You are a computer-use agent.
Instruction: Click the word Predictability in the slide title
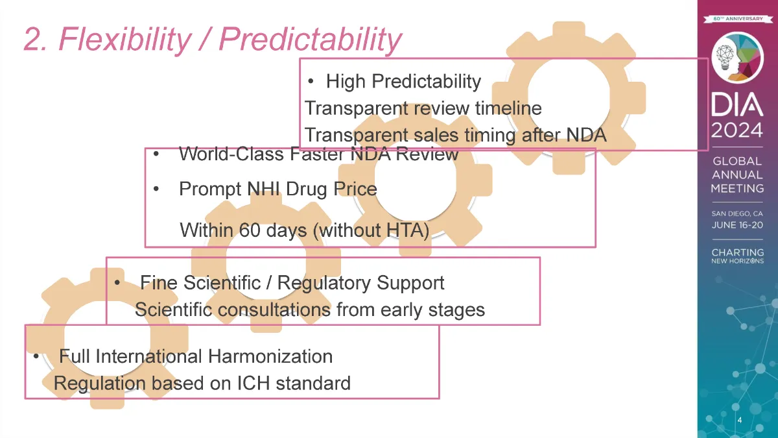point(310,40)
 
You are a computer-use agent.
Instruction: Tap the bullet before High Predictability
point(311,81)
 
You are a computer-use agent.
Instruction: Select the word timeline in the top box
point(508,108)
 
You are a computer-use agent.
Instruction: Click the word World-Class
point(231,154)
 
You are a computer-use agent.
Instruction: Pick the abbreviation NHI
point(263,189)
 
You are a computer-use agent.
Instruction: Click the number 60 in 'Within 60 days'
point(250,230)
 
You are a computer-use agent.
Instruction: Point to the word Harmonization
point(270,356)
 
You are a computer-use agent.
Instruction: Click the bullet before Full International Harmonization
point(36,356)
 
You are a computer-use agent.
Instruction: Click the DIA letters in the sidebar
point(737,104)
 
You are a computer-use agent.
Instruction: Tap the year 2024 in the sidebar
point(737,130)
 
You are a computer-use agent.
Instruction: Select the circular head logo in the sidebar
point(737,57)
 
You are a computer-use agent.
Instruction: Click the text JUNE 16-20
point(737,225)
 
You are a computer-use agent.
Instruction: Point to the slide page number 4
point(740,420)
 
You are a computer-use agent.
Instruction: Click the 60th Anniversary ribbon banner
point(737,19)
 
